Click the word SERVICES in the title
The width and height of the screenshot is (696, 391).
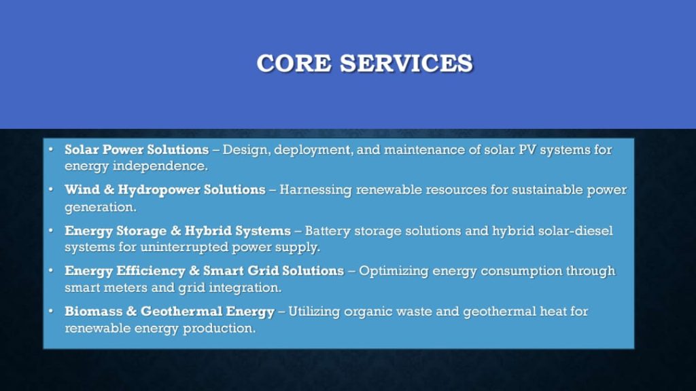(406, 63)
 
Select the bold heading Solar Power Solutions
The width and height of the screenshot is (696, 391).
(137, 149)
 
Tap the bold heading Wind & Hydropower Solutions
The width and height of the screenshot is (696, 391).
(165, 190)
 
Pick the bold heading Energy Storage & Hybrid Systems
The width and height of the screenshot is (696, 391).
(177, 231)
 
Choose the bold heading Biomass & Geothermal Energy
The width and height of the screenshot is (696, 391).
(170, 312)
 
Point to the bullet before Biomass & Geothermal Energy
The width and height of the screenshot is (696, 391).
(51, 312)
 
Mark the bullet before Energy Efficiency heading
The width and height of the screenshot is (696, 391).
(51, 271)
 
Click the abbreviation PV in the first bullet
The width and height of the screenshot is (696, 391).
(527, 149)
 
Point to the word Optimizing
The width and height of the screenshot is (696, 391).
(394, 271)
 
